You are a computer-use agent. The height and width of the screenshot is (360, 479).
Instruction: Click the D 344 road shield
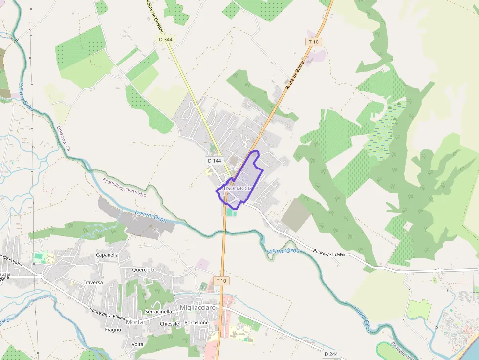166,39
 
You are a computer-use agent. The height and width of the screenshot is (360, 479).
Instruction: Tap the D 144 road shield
215,161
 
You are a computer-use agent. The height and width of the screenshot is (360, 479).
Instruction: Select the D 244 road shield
331,354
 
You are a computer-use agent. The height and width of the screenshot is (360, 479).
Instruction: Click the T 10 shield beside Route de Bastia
314,42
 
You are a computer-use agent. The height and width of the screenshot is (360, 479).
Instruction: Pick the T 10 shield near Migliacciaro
221,281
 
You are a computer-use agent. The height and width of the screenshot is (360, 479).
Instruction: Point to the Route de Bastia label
295,75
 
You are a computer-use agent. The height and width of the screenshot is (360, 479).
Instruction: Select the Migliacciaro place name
197,308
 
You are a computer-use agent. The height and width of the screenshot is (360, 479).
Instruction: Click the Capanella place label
108,255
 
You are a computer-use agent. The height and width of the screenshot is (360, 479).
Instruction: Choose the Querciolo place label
143,270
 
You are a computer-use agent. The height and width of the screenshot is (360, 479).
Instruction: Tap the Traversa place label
93,282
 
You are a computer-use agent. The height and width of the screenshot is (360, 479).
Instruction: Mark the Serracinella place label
158,311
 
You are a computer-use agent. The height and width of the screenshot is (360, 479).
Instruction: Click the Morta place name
134,322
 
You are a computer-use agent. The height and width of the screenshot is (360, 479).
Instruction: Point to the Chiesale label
170,324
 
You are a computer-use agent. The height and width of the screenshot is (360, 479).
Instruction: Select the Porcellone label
196,323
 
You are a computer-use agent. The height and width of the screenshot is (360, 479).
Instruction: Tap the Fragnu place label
113,330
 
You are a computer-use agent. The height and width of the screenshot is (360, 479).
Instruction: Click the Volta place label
137,344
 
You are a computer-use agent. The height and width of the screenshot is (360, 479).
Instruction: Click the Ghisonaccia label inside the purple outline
235,188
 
